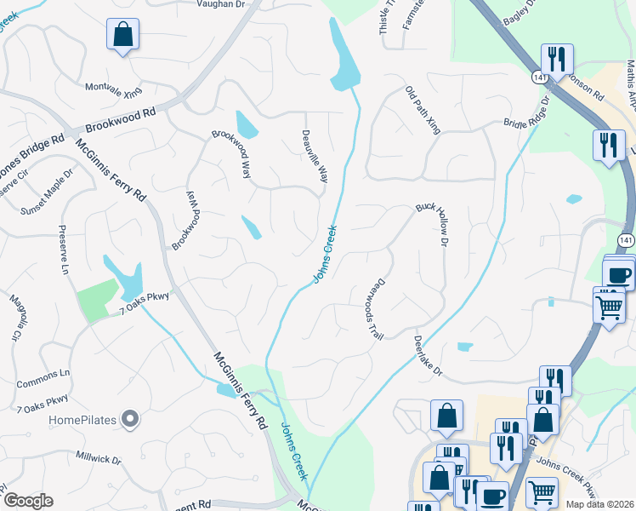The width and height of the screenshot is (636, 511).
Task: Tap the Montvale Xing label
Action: pos(114,89)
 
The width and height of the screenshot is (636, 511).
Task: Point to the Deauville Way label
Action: pos(315,156)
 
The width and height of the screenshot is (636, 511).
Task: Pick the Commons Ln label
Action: pos(43,373)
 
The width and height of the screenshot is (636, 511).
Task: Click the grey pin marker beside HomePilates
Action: pos(129,418)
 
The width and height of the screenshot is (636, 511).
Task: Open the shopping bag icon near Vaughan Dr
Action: pos(122,35)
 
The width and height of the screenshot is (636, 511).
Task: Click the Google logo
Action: pos(27,501)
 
